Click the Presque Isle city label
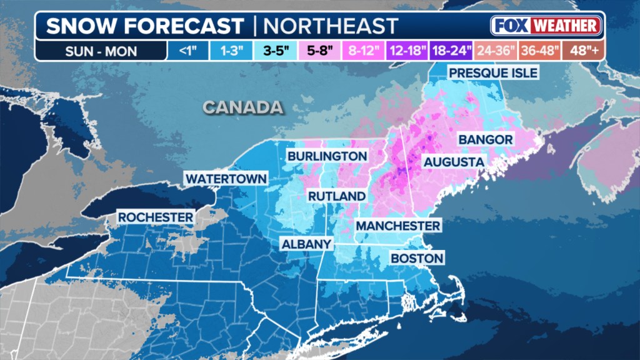(x=493, y=73)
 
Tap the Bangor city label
(x=486, y=139)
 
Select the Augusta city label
(x=454, y=162)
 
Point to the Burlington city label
(x=327, y=156)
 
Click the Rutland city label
(x=336, y=196)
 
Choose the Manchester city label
(x=398, y=225)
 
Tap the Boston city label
(x=417, y=258)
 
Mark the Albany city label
(x=306, y=244)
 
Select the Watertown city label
(x=226, y=179)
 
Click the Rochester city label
(x=156, y=217)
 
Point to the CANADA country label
(x=242, y=107)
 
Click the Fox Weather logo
(x=546, y=26)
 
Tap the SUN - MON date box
(x=101, y=51)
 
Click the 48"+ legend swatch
(x=583, y=51)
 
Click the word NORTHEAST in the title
(x=330, y=26)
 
